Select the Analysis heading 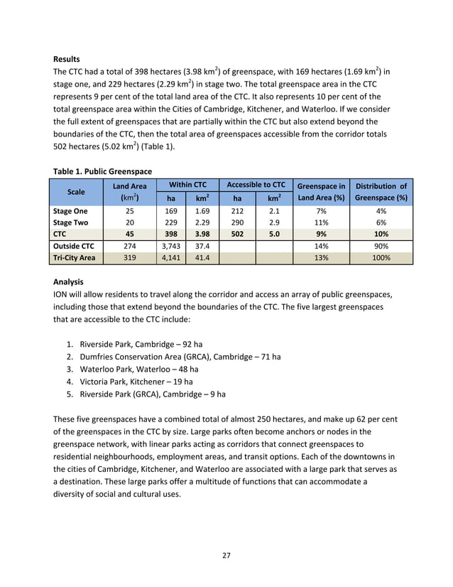pos(69,281)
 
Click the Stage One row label pos(70,211)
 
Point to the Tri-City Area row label pos(73,258)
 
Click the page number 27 pos(226,555)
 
